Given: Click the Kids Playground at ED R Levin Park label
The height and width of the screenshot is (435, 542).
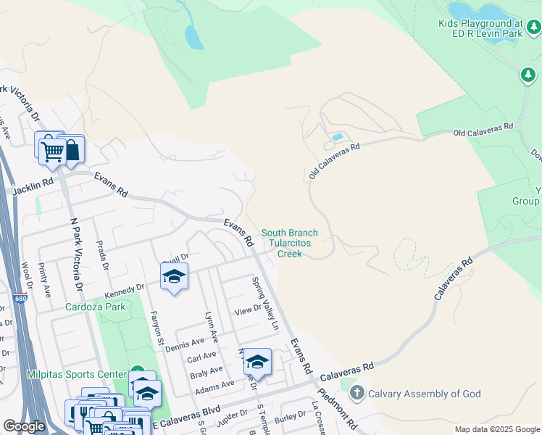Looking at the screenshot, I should (489, 28).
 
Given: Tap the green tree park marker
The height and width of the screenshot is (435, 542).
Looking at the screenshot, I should (528, 74).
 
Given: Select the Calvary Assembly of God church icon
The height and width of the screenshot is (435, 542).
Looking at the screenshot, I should (356, 394).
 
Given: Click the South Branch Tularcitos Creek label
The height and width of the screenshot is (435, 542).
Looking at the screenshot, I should (290, 244).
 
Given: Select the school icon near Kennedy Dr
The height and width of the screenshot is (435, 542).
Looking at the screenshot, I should (174, 276).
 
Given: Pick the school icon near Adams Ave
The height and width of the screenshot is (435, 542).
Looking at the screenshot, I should (257, 360).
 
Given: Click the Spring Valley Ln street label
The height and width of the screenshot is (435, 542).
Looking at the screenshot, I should (265, 298).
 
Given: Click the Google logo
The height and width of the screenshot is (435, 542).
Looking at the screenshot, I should (24, 426).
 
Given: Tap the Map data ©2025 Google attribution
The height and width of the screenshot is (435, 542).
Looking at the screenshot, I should (496, 429).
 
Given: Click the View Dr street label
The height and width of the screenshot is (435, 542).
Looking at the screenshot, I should (247, 310).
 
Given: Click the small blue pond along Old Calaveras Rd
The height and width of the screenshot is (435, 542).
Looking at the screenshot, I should (336, 136).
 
